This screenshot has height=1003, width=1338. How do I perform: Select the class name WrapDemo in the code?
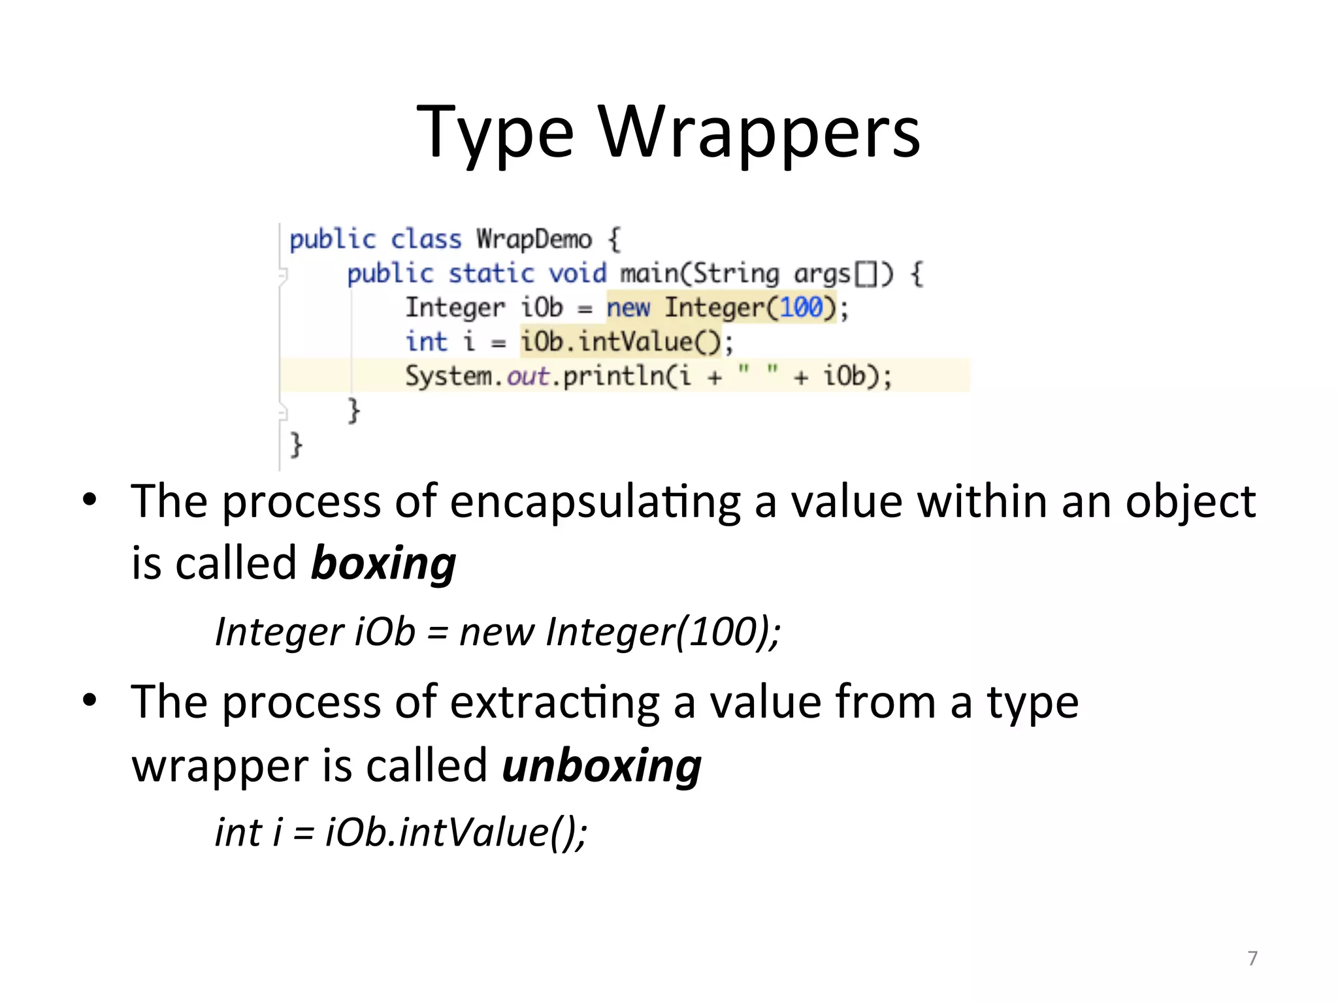click(x=534, y=240)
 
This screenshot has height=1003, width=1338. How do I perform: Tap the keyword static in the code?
click(x=491, y=274)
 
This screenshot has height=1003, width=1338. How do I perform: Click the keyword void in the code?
click(x=578, y=274)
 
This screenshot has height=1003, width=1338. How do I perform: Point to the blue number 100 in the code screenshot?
click(x=801, y=307)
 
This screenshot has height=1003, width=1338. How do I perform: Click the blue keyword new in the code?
click(x=628, y=308)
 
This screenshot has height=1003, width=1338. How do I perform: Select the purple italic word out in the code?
click(x=528, y=376)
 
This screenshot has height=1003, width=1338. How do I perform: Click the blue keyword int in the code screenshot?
click(x=426, y=342)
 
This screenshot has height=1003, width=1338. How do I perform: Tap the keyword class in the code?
click(x=426, y=240)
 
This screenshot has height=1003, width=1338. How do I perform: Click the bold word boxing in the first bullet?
click(x=383, y=564)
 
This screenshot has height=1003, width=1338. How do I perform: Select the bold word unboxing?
click(x=602, y=766)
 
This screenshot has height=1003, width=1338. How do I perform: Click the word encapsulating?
click(x=595, y=503)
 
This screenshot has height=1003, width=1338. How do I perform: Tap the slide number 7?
click(x=1252, y=958)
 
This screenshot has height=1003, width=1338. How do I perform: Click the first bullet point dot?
click(x=90, y=501)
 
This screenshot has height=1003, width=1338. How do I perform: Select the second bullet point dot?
click(x=90, y=701)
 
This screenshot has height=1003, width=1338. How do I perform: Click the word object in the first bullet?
click(x=1190, y=503)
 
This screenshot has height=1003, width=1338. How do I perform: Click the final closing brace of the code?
click(x=296, y=445)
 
